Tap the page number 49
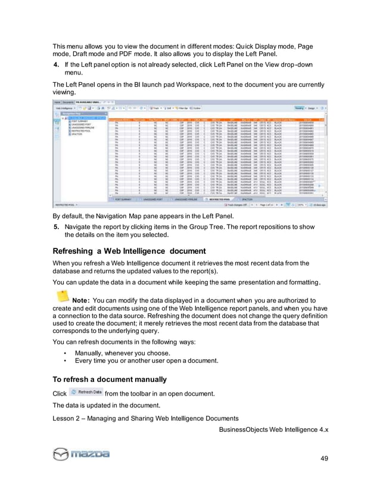pos(325,457)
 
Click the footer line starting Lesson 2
pos(146,418)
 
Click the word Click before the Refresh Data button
pos(60,393)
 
